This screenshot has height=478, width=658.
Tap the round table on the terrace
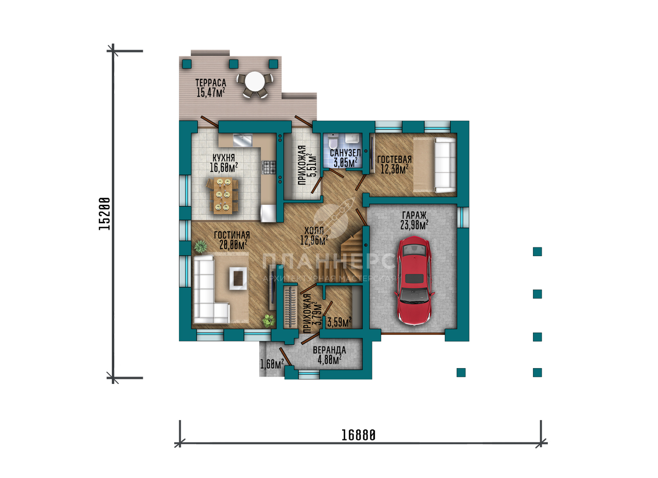click(x=255, y=82)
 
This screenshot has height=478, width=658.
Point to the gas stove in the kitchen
click(x=269, y=167)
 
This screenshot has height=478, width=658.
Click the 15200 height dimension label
click(x=104, y=214)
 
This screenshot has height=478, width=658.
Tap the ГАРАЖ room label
click(x=414, y=215)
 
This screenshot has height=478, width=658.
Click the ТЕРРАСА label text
click(x=211, y=83)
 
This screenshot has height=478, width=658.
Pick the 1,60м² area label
click(x=272, y=364)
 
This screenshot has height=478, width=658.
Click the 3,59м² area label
click(x=339, y=322)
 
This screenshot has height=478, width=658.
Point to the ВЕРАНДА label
click(x=329, y=350)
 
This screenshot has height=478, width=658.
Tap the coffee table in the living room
click(x=238, y=278)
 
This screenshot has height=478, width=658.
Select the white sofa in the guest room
click(x=445, y=165)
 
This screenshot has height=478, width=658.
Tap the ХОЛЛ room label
click(x=314, y=231)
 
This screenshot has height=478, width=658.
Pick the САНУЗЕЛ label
click(x=346, y=153)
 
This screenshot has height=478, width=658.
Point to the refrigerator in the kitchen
click(x=268, y=213)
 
